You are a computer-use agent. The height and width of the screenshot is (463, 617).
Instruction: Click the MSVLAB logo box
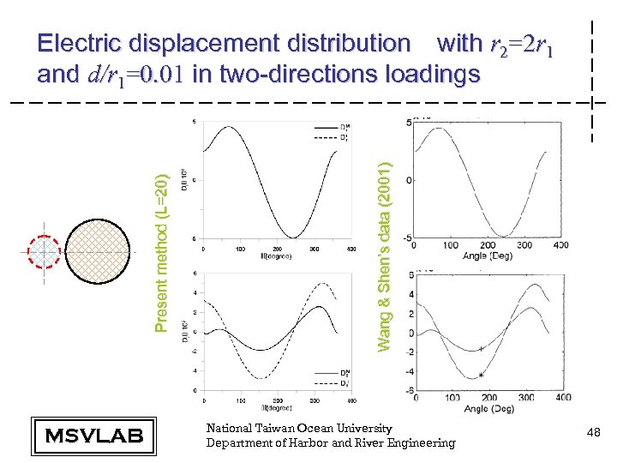93,435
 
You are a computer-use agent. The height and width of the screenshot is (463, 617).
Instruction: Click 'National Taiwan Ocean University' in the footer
299,428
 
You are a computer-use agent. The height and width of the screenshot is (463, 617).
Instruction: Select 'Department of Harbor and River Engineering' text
331,442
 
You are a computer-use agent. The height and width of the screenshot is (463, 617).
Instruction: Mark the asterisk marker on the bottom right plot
482,376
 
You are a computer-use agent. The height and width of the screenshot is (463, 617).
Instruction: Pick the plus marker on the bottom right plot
481,349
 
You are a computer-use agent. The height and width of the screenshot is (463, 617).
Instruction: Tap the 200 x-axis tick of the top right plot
488,245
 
